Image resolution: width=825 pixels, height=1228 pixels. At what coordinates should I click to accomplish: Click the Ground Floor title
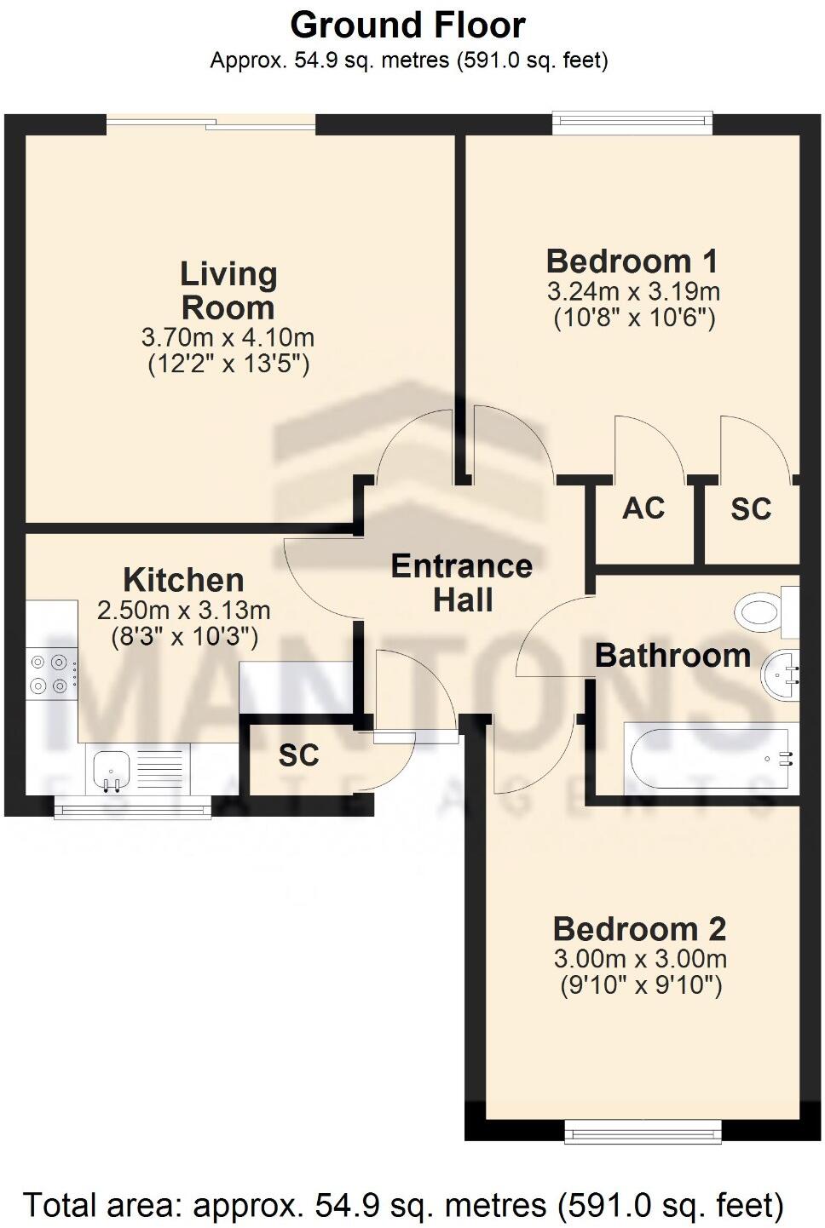coord(407,26)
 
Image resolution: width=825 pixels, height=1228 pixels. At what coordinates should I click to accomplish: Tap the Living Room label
coord(228,290)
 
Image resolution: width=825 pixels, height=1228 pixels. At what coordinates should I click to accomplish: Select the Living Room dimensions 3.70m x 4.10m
coord(228,337)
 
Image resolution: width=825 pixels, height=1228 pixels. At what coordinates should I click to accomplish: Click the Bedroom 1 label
coord(632,261)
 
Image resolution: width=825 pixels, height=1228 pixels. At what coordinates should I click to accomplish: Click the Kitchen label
coord(183,580)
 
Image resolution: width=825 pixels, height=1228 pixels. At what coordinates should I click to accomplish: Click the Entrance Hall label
coord(462,582)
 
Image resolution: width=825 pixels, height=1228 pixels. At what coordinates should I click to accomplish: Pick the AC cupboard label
coord(643,508)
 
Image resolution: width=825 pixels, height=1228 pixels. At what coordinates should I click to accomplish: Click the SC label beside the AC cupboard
coord(751,509)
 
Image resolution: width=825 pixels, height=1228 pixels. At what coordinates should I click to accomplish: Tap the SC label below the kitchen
coord(298,755)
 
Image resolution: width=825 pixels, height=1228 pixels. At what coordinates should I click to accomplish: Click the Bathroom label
coord(672,656)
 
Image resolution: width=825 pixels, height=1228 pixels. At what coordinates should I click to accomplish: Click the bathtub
coord(710,758)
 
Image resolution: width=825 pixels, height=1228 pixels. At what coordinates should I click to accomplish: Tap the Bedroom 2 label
coord(639,928)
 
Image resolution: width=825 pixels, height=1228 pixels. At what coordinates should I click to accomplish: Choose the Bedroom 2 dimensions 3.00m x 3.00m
coord(640,959)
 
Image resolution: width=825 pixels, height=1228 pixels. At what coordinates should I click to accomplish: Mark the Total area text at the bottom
coord(403,1206)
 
